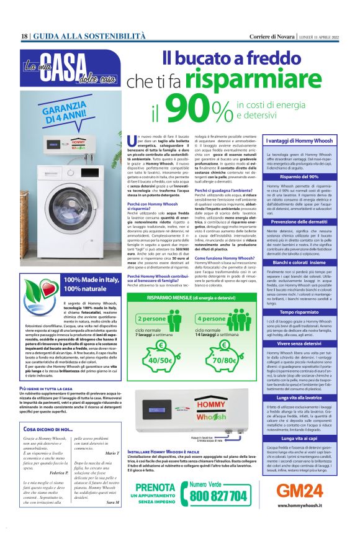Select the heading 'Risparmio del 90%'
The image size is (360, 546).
point(300,176)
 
